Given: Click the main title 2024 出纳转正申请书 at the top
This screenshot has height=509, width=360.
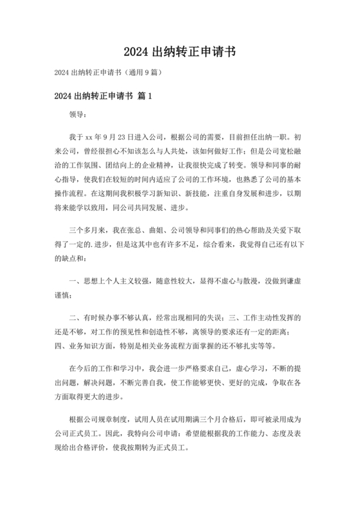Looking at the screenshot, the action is click(x=180, y=51).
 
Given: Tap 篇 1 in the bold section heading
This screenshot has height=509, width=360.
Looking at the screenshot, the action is click(x=144, y=97).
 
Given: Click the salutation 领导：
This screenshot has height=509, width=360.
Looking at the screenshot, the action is click(x=77, y=116).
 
